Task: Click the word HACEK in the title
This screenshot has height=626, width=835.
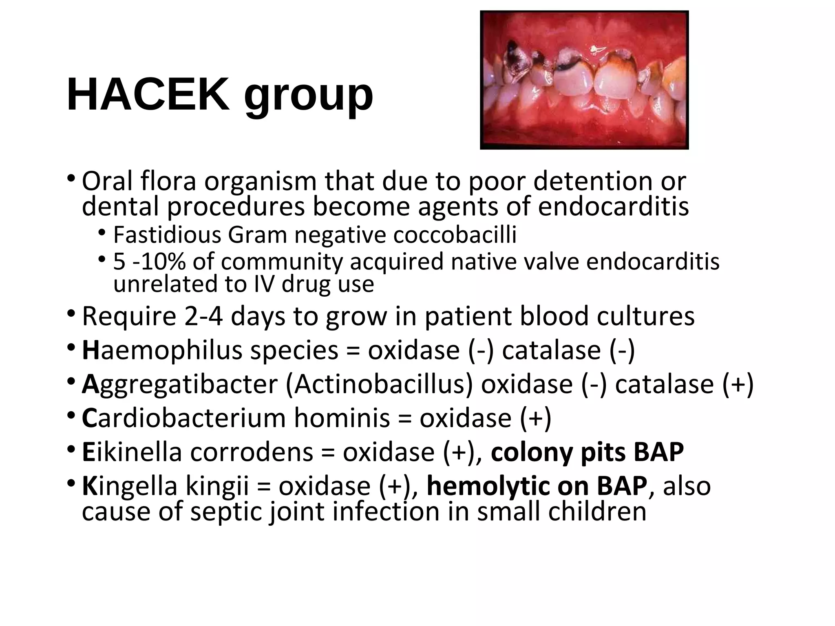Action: click(148, 95)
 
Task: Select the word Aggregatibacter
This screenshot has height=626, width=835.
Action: click(179, 384)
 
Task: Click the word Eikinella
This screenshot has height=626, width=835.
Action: click(131, 452)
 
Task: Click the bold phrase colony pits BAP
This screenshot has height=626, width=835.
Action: click(587, 452)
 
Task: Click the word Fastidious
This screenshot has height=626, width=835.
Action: click(167, 235)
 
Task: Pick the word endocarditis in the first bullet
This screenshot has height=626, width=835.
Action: click(613, 207)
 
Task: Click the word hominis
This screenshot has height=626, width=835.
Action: click(342, 418)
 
